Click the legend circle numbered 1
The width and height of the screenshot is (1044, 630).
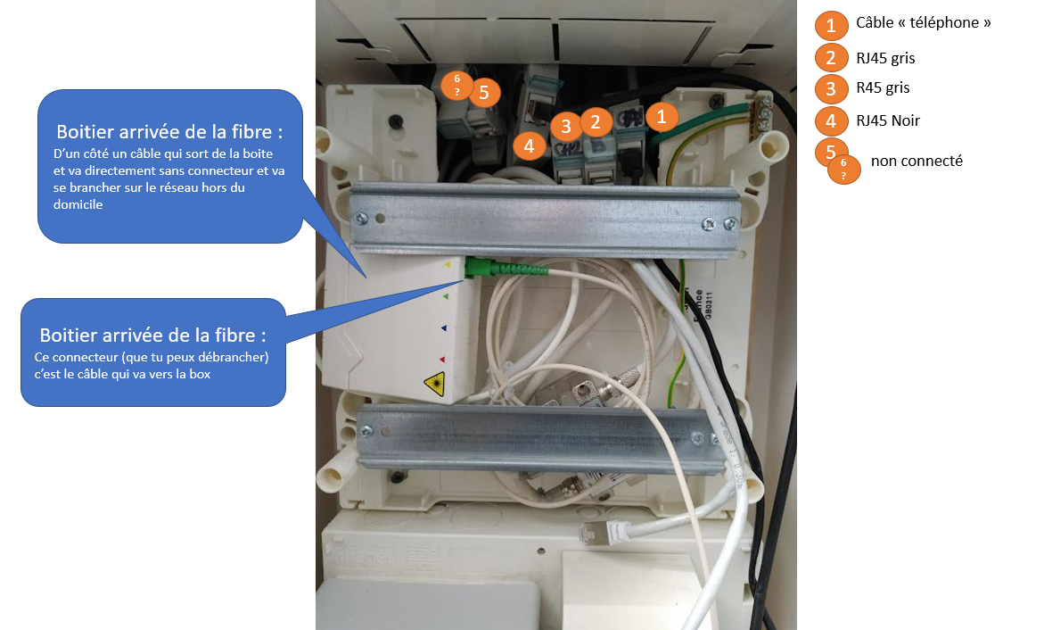(x=831, y=25)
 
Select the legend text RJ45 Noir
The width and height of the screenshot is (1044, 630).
(x=888, y=120)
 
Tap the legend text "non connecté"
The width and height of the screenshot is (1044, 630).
(x=917, y=162)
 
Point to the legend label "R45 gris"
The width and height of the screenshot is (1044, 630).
(x=883, y=87)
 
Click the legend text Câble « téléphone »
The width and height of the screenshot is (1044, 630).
(x=923, y=23)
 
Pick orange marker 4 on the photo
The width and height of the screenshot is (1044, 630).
(x=530, y=145)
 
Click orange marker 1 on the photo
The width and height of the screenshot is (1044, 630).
(x=662, y=116)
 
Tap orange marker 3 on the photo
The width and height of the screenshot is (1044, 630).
(x=566, y=127)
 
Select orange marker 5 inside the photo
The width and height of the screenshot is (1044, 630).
(x=483, y=91)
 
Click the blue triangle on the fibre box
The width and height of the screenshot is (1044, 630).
(x=444, y=327)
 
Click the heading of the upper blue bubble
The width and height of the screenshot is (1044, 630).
(x=169, y=131)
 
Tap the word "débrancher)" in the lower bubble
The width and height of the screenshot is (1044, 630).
(x=233, y=357)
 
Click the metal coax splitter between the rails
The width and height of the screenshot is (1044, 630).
(x=571, y=390)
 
